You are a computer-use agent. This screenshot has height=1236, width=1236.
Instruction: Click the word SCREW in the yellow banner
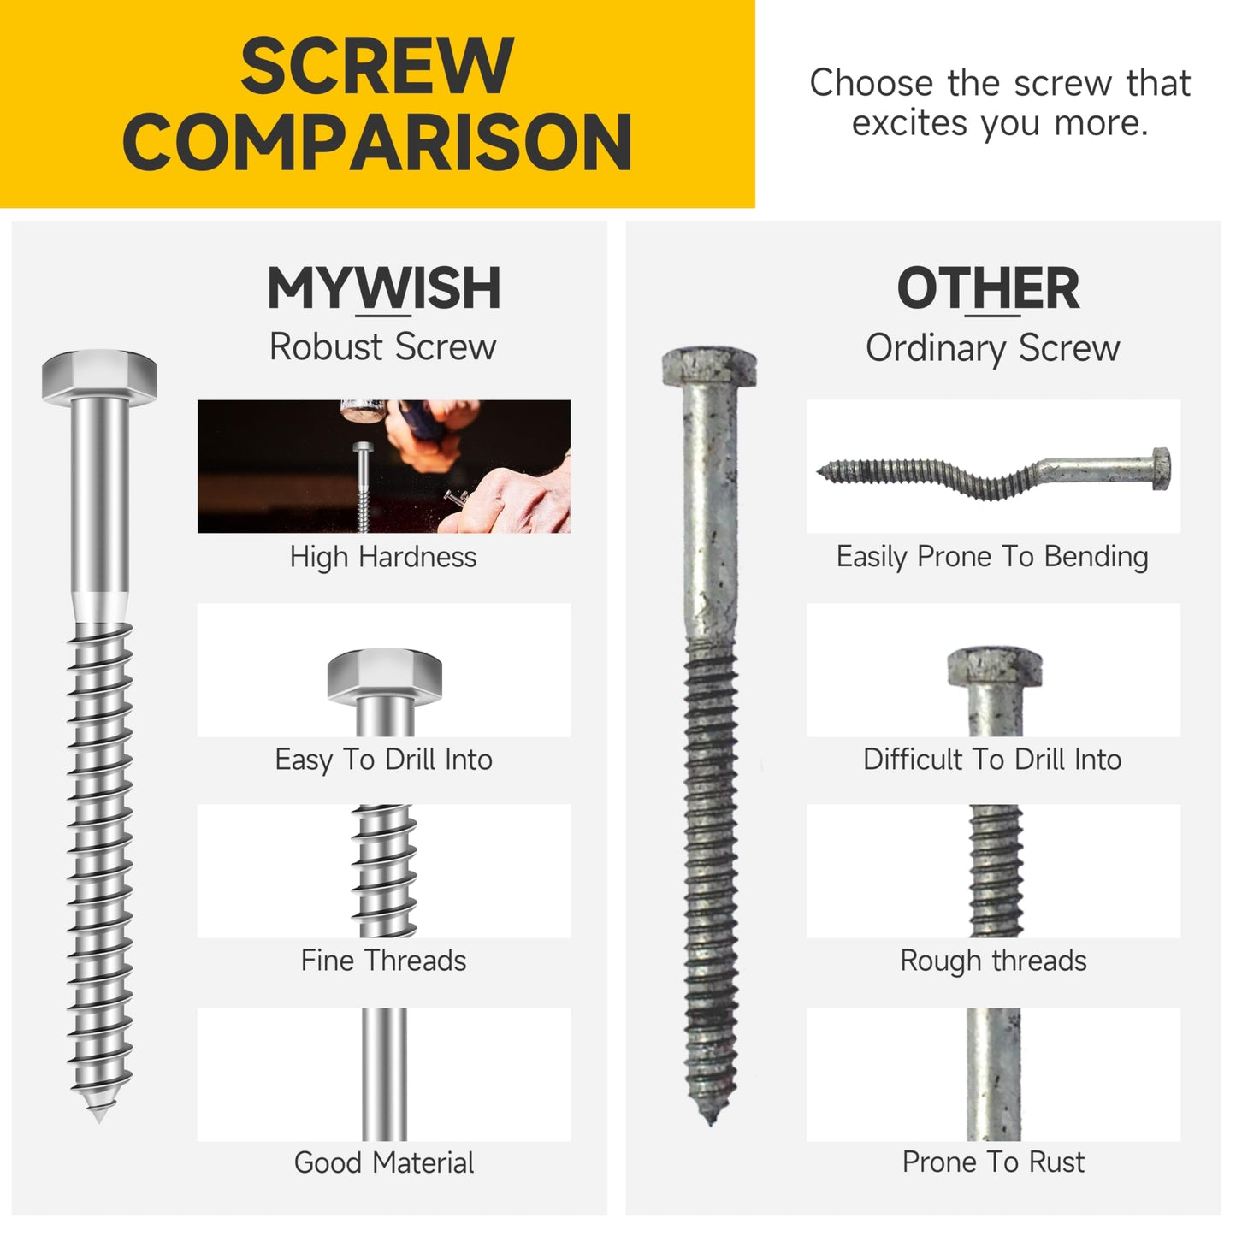pyautogui.click(x=376, y=67)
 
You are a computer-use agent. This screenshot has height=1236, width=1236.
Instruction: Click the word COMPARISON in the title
pyautogui.click(x=377, y=143)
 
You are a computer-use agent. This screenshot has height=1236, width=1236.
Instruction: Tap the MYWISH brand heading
pyautogui.click(x=383, y=288)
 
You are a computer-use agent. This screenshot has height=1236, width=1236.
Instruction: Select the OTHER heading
pyautogui.click(x=988, y=288)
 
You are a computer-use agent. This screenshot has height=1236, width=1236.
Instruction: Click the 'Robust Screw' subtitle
pyautogui.click(x=382, y=347)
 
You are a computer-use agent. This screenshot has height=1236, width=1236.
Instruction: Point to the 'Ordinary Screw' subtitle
pyautogui.click(x=992, y=348)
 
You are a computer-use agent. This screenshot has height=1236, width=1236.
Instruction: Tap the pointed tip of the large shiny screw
pyautogui.click(x=98, y=1115)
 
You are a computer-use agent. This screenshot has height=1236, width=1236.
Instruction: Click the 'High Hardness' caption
pyautogui.click(x=382, y=557)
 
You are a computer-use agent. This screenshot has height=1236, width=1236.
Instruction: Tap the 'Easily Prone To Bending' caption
pyautogui.click(x=992, y=557)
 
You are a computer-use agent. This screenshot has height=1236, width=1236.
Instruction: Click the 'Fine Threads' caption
pyautogui.click(x=383, y=961)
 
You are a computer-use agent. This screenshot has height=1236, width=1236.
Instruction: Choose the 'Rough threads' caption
pyautogui.click(x=993, y=961)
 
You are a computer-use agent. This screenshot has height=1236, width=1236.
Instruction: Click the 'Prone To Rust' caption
pyautogui.click(x=993, y=1162)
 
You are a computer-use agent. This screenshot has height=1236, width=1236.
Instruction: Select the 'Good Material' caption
pyautogui.click(x=383, y=1163)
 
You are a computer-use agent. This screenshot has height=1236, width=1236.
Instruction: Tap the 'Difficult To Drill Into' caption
pyautogui.click(x=992, y=760)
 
